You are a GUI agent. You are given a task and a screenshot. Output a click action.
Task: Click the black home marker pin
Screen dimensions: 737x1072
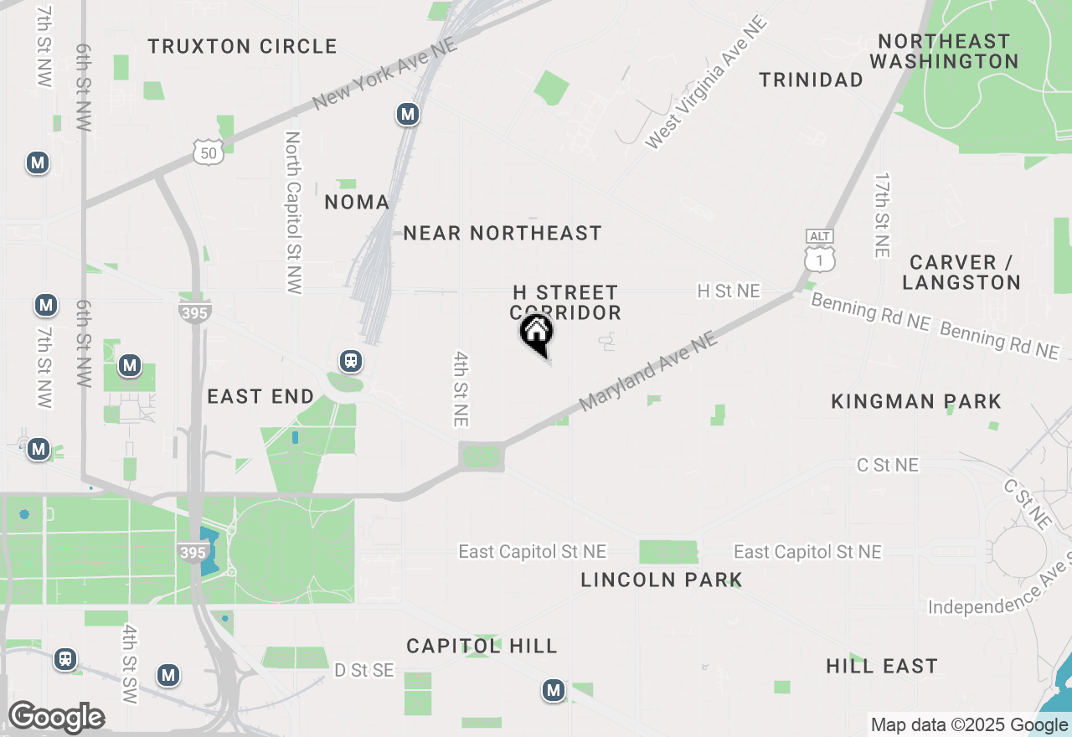click(x=537, y=332)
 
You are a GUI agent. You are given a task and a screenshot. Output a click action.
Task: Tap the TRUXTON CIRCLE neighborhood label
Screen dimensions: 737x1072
click(x=243, y=46)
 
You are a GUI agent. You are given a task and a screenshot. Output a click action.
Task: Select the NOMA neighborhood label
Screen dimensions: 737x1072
click(x=357, y=202)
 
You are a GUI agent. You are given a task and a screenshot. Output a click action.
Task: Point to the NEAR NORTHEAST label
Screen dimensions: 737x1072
click(x=502, y=233)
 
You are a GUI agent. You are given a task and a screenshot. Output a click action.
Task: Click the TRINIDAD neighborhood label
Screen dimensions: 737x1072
click(x=811, y=80)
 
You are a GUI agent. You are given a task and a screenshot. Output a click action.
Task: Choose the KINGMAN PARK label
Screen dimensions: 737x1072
click(x=916, y=401)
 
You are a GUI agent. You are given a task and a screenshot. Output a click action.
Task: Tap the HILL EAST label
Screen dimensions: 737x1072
click(x=882, y=666)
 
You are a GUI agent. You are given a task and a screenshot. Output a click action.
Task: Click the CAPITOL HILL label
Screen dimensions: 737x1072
click(x=482, y=646)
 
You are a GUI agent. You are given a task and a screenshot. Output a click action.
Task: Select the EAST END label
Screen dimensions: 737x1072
click(x=260, y=396)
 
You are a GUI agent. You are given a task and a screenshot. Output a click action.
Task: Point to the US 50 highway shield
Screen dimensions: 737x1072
click(x=208, y=152)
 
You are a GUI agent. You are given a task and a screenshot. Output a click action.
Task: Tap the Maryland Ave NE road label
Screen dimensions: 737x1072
click(x=649, y=371)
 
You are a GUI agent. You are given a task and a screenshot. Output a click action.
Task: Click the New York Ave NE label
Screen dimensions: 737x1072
click(x=385, y=74)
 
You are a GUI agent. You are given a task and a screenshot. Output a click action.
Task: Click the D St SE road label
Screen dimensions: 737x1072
click(x=363, y=670)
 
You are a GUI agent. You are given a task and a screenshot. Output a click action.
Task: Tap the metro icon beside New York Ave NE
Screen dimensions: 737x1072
click(x=408, y=114)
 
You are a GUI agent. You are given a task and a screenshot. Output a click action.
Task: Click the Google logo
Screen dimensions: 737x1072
click(x=57, y=717)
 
